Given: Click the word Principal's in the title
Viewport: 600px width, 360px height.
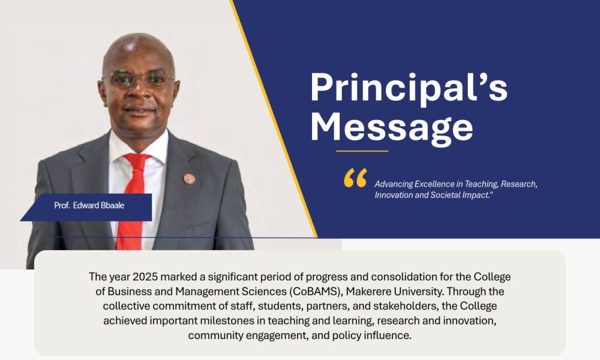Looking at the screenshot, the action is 409,88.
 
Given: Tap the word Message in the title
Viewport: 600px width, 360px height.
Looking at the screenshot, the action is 391,127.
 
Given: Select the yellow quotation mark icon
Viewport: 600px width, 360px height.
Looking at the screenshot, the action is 355,178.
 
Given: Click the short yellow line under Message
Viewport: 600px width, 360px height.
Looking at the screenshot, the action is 362,151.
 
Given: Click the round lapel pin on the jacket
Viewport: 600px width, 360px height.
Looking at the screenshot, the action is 189,179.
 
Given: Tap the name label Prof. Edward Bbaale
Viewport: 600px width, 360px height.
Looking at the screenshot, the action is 89,205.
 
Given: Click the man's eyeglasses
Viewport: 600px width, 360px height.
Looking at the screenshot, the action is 139,79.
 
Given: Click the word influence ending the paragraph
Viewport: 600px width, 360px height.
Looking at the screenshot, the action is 387,335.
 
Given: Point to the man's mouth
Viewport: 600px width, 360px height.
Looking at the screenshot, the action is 139,111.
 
